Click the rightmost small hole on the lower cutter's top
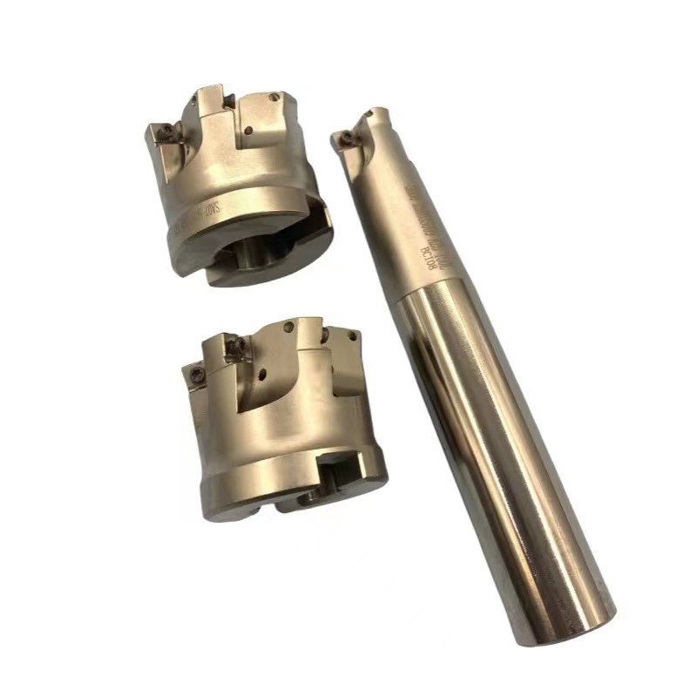coord(353,336)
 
